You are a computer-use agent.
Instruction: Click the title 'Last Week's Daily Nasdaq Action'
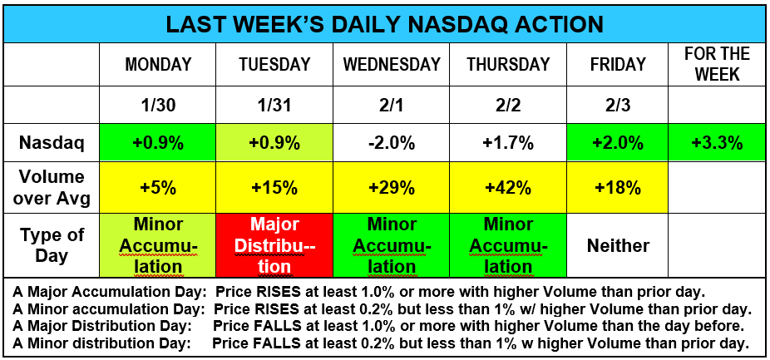[x=384, y=22]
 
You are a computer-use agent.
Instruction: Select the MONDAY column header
[x=158, y=65]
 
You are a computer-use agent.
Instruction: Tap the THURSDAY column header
[x=508, y=65]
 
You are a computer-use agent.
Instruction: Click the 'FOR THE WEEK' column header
[x=717, y=64]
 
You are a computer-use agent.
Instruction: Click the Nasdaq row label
[x=52, y=143]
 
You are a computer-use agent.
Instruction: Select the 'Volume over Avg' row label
[x=52, y=187]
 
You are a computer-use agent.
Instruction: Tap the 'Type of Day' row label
[x=52, y=245]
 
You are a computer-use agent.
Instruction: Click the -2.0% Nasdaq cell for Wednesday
[x=391, y=143]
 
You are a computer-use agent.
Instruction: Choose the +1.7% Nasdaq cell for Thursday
[x=508, y=143]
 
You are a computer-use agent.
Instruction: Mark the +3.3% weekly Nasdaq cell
[x=717, y=143]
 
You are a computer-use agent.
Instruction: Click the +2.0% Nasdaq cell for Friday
[x=618, y=143]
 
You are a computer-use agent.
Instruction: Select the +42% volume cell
[x=508, y=187]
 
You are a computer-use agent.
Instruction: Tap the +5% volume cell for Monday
[x=158, y=187]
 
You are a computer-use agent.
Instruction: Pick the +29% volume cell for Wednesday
[x=391, y=187]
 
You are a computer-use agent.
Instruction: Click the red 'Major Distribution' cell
[x=274, y=245]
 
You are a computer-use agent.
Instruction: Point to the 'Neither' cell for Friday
[x=618, y=245]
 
